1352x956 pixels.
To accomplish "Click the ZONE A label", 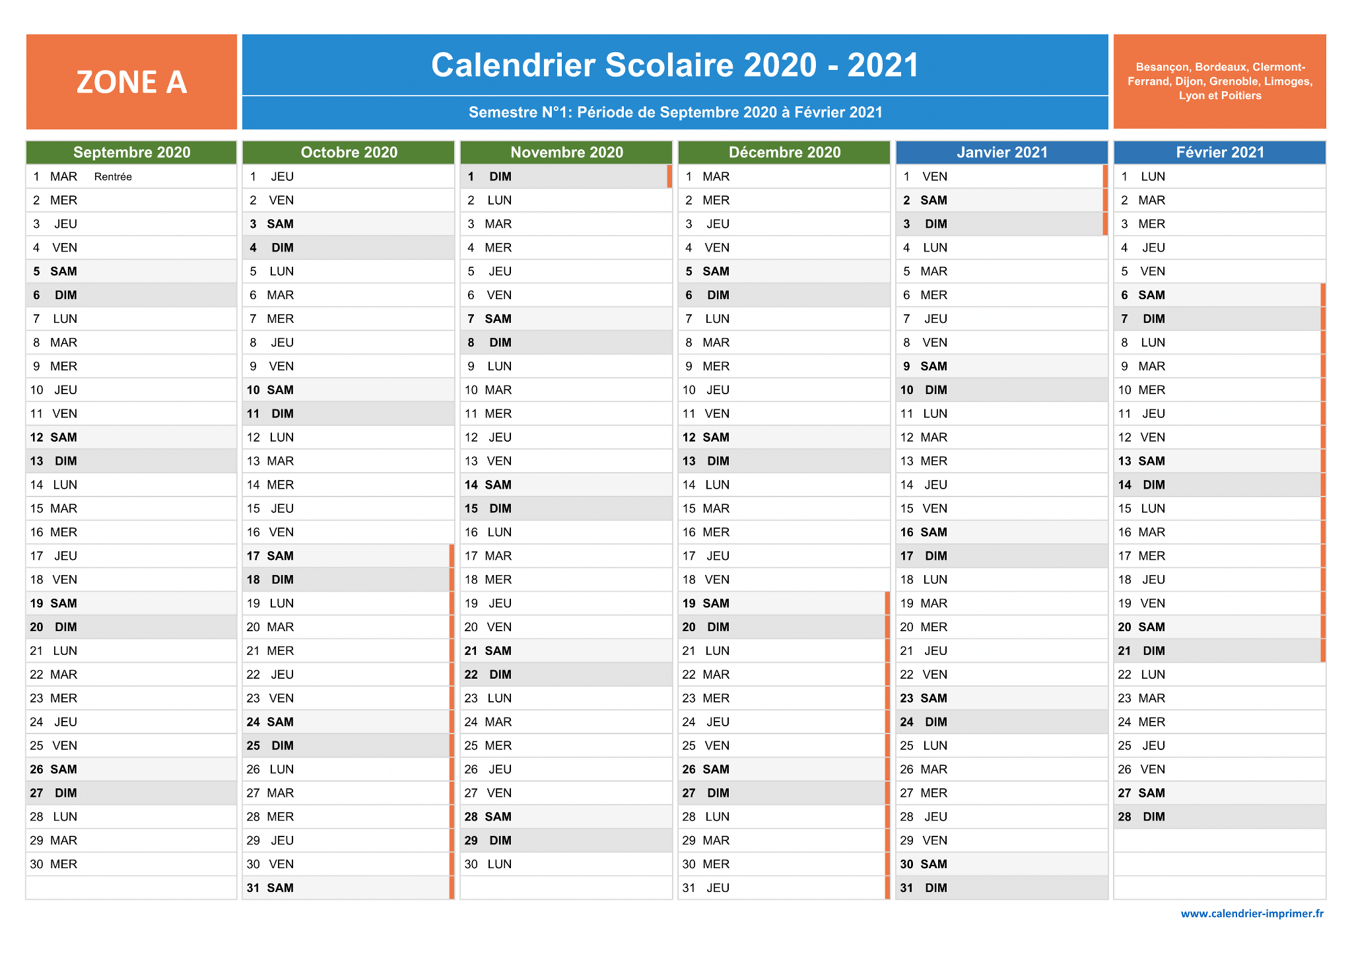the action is pyautogui.click(x=131, y=82).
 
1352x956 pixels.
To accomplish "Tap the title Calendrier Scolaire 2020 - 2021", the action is pyautogui.click(x=675, y=65).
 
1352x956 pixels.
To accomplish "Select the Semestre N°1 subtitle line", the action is pyautogui.click(x=675, y=112).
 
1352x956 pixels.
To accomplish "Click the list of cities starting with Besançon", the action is pyautogui.click(x=1219, y=81).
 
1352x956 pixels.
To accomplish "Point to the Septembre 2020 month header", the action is pyautogui.click(x=131, y=153).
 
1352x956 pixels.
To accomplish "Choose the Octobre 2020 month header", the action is pyautogui.click(x=349, y=153).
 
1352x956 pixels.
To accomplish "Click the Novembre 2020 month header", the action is pyautogui.click(x=566, y=153).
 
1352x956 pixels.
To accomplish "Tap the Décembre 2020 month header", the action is pyautogui.click(x=784, y=153).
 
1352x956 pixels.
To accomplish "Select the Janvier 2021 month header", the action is pyautogui.click(x=1002, y=153).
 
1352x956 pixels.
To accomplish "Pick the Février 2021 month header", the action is pyautogui.click(x=1220, y=153).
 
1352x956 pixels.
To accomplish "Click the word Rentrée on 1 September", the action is pyautogui.click(x=113, y=177).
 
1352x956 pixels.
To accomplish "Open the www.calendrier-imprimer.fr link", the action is pyautogui.click(x=1252, y=914).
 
